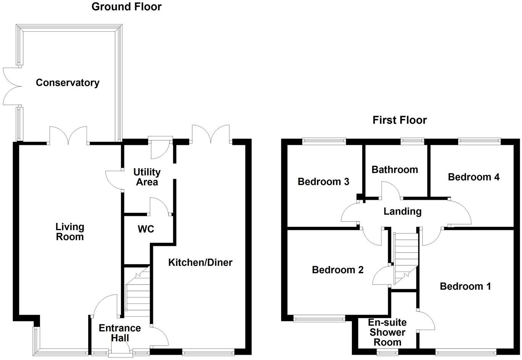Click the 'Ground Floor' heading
[126, 7]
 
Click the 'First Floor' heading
[400, 120]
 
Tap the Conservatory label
[68, 83]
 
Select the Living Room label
[70, 232]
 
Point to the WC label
[146, 229]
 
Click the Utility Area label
[147, 177]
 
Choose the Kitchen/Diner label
[200, 262]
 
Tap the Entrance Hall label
[120, 333]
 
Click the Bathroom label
[395, 170]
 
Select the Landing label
[402, 211]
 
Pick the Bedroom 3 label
[323, 182]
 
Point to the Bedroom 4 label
[474, 177]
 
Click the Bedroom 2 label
[338, 270]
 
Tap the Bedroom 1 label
[465, 286]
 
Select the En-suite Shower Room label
[387, 332]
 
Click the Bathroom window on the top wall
[412, 141]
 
